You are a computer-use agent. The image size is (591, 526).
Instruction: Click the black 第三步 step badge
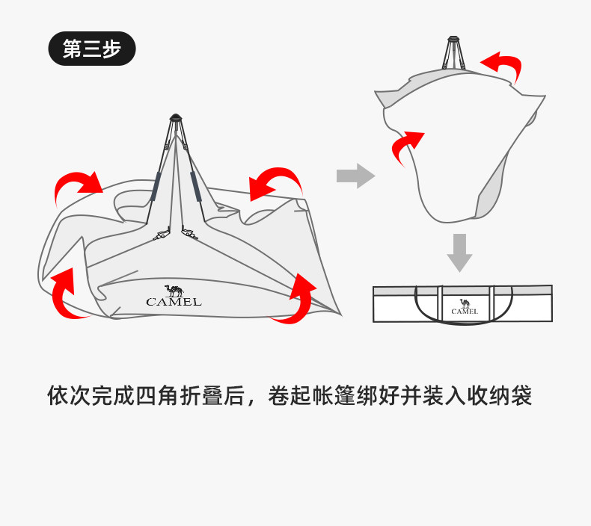(92, 49)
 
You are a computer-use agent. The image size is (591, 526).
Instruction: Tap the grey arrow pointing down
(459, 253)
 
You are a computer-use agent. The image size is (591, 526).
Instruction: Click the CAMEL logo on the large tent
(174, 296)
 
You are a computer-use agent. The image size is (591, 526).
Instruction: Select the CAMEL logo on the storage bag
(465, 307)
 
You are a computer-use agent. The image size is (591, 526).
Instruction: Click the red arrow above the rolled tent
(502, 65)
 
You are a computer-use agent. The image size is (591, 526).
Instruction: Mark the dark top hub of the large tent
(176, 117)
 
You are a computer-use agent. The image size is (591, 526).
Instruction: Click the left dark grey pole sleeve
(155, 186)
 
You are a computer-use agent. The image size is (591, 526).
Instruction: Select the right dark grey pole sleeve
(195, 186)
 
